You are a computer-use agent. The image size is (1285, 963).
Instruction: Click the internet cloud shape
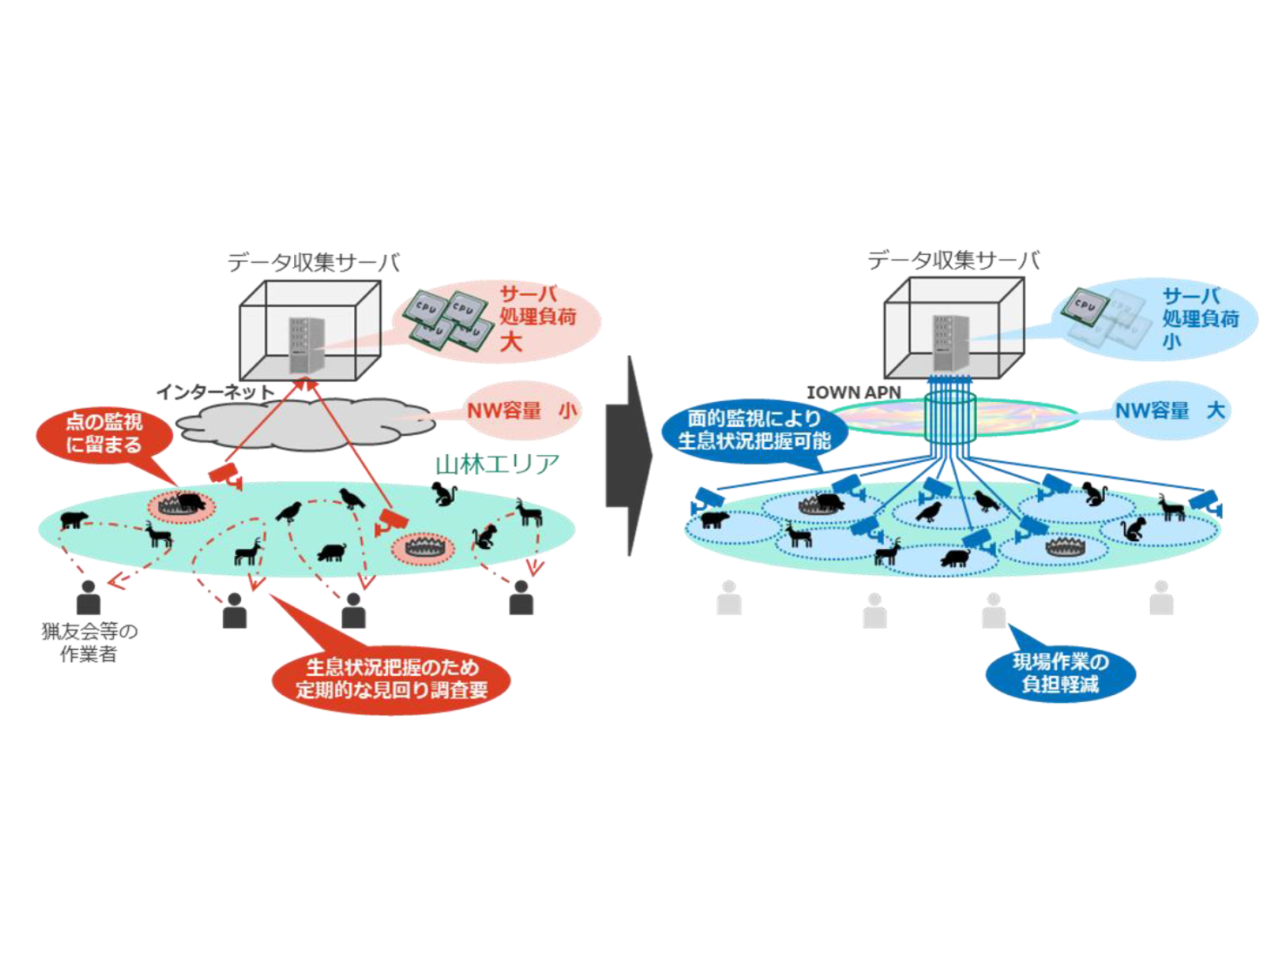click(305, 424)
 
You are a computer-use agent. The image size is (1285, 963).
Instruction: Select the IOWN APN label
click(853, 392)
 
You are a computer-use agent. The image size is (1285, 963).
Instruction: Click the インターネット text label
click(215, 392)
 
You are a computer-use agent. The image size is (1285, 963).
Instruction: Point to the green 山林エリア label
click(497, 464)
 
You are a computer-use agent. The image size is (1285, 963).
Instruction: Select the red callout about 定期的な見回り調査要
click(391, 679)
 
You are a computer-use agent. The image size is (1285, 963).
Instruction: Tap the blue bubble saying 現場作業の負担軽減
click(1060, 672)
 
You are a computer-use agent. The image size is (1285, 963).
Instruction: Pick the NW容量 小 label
click(521, 411)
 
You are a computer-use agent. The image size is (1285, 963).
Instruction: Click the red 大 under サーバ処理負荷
click(511, 341)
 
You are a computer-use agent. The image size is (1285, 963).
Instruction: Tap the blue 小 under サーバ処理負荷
click(1171, 342)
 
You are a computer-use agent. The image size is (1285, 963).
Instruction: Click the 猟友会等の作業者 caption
click(89, 642)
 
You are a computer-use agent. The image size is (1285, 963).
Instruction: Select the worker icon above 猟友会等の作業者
click(88, 598)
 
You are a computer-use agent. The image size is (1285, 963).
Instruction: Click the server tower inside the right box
click(949, 343)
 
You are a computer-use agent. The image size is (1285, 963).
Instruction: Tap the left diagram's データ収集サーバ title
click(313, 262)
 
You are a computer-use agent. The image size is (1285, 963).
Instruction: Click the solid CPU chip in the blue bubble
click(1084, 304)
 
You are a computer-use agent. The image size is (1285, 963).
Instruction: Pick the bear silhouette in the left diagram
click(73, 520)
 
